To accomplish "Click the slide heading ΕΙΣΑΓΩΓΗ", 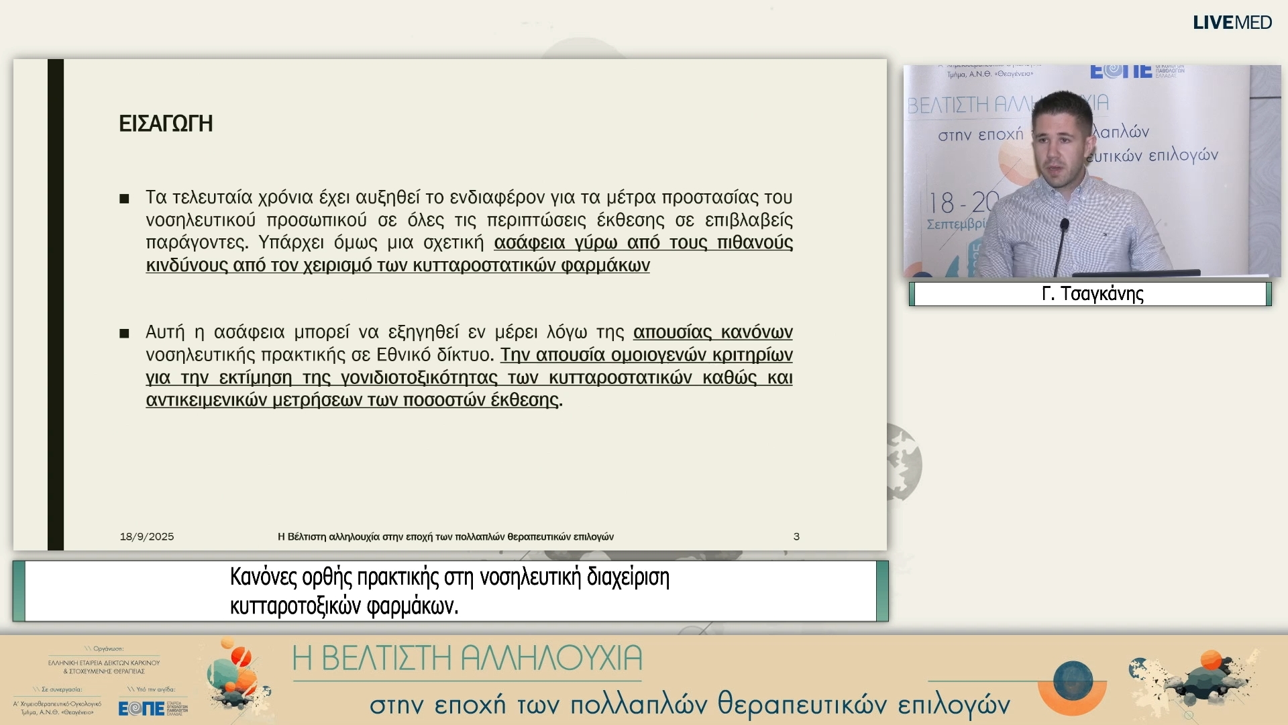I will [166, 124].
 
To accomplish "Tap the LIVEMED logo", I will [1232, 22].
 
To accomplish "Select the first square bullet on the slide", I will [124, 199].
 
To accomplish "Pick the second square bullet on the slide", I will [124, 334].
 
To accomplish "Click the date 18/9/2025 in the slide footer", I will [147, 536].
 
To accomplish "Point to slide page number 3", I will [796, 536].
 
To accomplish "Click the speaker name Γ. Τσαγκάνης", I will [1093, 294].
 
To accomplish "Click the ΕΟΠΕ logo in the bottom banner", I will [142, 708].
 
